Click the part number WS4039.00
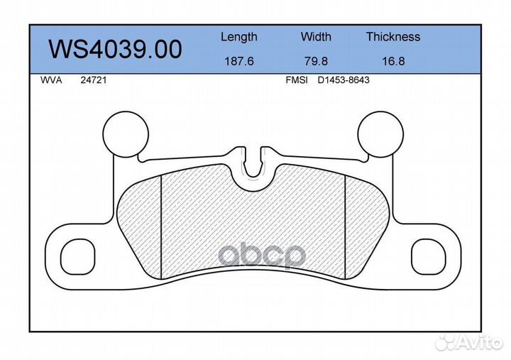(x=115, y=49)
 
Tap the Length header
(x=239, y=38)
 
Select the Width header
(x=316, y=36)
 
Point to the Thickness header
(x=393, y=36)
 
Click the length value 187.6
(x=239, y=61)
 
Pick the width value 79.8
(x=316, y=61)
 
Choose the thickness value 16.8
(x=393, y=61)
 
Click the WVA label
(x=51, y=80)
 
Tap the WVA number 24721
(x=94, y=80)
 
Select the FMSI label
(x=297, y=80)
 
